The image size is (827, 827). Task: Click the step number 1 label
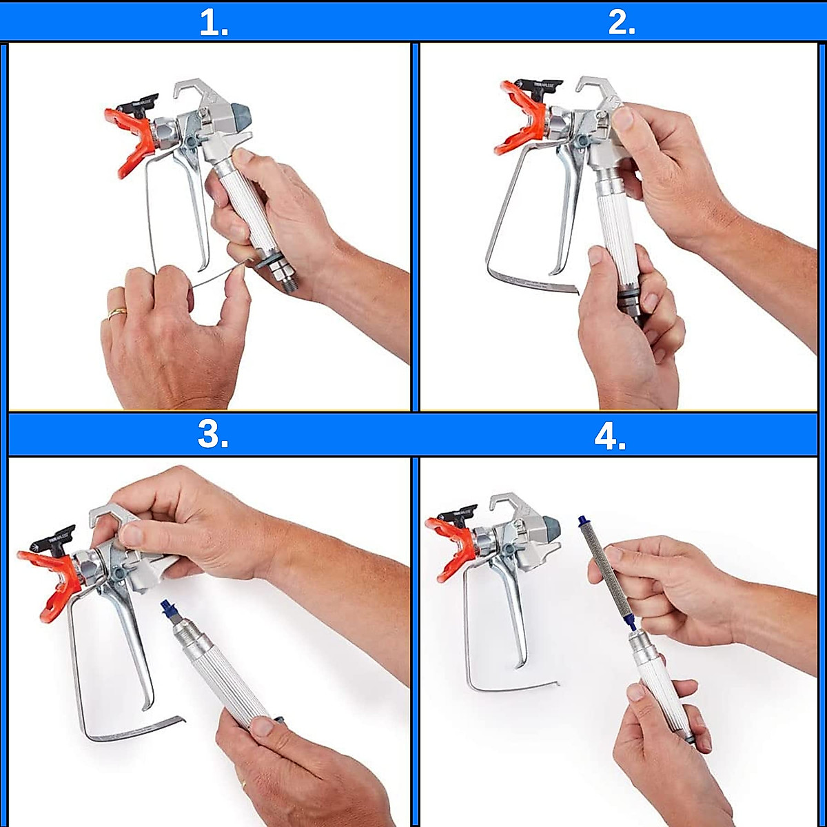tap(214, 23)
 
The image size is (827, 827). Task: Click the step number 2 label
tap(622, 23)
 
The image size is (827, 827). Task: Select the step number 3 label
tap(213, 436)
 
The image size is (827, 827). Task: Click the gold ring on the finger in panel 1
tap(116, 314)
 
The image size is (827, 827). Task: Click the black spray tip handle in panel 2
tap(544, 88)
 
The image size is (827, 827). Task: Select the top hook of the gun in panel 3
tap(113, 513)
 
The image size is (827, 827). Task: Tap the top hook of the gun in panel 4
tap(513, 502)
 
